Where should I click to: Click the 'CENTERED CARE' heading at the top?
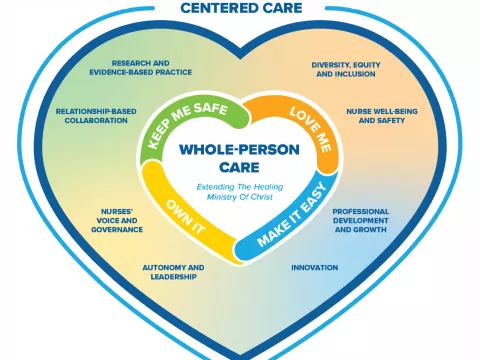coord(239,9)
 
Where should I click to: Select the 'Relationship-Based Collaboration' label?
coord(92,115)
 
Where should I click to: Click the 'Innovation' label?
coord(313,268)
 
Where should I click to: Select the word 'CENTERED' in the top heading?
coord(211,9)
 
